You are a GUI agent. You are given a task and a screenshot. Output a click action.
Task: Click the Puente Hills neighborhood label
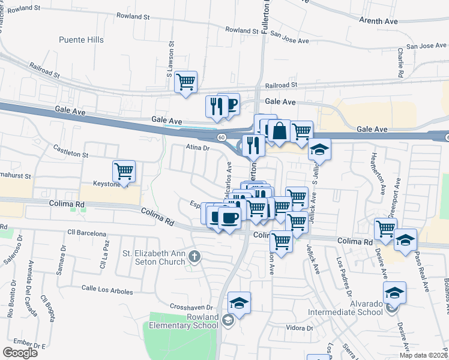pos(81,40)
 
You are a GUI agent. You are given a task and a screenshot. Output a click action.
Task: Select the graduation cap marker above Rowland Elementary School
pos(239,302)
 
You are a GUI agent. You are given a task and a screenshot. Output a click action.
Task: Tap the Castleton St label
pos(71,151)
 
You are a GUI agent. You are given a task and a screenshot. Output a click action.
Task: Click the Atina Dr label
pos(197,147)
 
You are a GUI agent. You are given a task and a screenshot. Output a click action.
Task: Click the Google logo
pos(20,352)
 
